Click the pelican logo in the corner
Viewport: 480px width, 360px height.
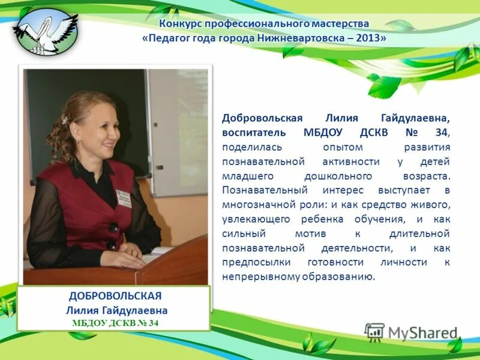point(45,30)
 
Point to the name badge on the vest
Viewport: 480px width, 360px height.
point(124,197)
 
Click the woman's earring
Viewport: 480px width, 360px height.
point(78,140)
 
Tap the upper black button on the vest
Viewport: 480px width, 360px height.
point(113,227)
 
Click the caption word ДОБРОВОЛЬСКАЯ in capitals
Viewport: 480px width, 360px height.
point(116,296)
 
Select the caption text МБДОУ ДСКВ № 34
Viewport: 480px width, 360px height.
point(115,323)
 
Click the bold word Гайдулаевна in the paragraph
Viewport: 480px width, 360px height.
point(414,118)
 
